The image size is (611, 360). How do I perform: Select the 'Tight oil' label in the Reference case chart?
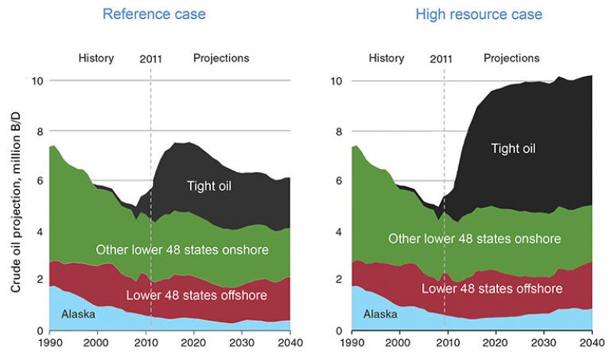[209, 185]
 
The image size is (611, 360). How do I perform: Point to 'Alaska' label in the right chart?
[380, 314]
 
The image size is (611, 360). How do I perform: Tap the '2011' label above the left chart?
[150, 58]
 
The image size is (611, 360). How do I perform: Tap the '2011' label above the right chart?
[441, 58]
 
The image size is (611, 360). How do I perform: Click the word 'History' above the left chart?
[96, 58]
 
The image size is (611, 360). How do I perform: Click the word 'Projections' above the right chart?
[512, 58]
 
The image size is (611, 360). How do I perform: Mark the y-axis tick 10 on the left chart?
[35, 80]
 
